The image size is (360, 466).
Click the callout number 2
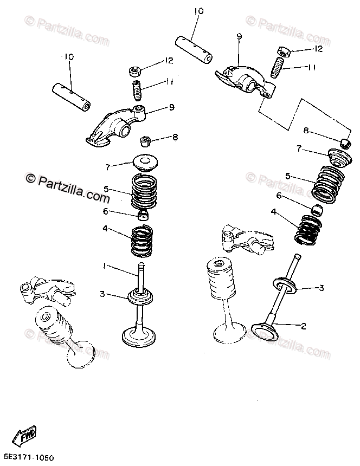point(304,326)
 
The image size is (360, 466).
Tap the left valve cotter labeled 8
point(144,140)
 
